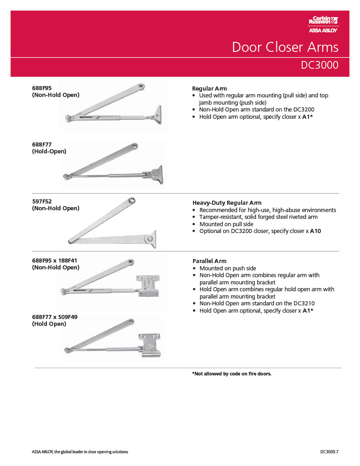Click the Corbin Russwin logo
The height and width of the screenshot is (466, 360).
tap(323, 20)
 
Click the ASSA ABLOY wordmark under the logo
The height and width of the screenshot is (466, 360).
tap(323, 31)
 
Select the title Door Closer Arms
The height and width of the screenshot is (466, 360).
tap(285, 47)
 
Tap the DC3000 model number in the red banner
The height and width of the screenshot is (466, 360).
tap(319, 65)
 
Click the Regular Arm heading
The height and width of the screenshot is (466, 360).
tap(209, 88)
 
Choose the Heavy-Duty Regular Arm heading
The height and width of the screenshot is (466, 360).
tap(227, 203)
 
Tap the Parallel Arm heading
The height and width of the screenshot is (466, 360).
tap(209, 261)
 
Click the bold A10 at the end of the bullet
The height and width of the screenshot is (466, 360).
tap(315, 231)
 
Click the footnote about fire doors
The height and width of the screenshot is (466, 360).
tap(232, 374)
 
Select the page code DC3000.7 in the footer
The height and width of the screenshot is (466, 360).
tap(330, 452)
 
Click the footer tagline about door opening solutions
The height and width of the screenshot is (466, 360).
tap(80, 452)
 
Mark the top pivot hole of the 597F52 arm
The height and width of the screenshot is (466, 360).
tap(132, 200)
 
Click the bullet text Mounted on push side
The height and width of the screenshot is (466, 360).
tap(228, 268)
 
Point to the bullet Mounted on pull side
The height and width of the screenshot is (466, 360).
tap(226, 224)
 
